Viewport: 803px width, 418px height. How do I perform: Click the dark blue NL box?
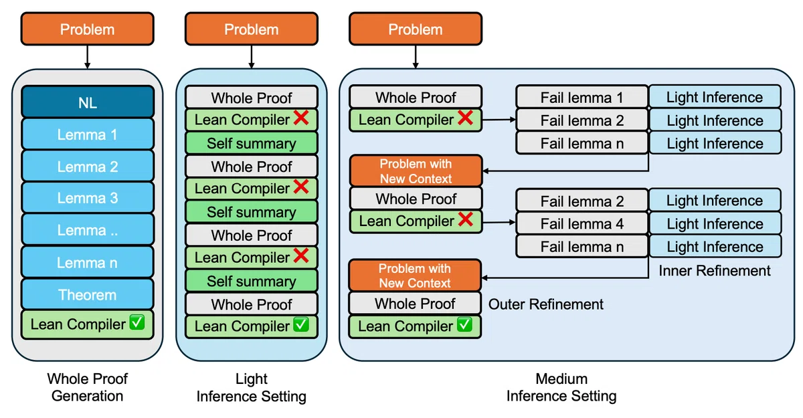(88, 102)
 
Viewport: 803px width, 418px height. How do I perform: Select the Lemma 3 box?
(88, 198)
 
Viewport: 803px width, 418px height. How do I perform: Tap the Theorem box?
(88, 294)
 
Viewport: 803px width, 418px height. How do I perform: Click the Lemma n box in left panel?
(88, 263)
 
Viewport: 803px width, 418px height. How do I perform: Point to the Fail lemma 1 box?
(582, 97)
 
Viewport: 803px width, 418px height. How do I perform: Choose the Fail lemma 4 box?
(582, 223)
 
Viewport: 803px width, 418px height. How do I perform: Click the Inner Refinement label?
(715, 270)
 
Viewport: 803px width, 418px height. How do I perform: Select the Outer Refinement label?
(545, 304)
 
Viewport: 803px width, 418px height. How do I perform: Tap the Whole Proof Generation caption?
(88, 387)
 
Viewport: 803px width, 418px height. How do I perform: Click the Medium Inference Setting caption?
(561, 387)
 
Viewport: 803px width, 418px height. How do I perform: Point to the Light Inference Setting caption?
(252, 387)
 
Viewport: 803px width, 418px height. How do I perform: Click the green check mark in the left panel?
(137, 322)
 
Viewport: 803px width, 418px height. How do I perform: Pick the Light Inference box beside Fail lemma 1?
(715, 97)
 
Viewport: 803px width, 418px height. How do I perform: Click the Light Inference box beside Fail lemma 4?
(715, 223)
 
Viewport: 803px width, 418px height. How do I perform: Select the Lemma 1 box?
(88, 134)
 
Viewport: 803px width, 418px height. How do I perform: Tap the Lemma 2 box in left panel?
(88, 167)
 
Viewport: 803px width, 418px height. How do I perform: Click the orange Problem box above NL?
(88, 29)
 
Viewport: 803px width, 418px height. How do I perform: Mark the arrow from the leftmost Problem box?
(88, 57)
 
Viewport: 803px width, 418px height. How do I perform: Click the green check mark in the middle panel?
(300, 324)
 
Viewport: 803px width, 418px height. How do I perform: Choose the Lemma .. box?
(88, 230)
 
